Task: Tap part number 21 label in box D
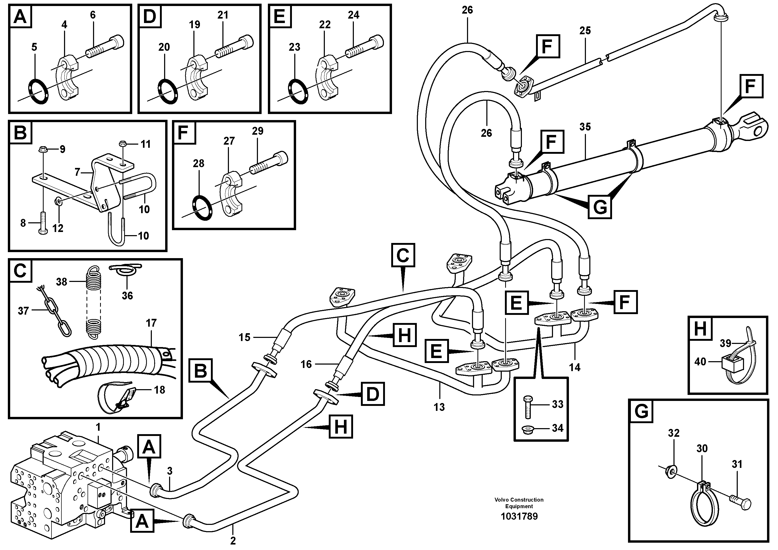pyautogui.click(x=223, y=15)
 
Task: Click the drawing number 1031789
pyautogui.click(x=519, y=517)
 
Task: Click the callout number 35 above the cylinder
pyautogui.click(x=585, y=127)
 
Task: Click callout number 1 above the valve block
pyautogui.click(x=98, y=428)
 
